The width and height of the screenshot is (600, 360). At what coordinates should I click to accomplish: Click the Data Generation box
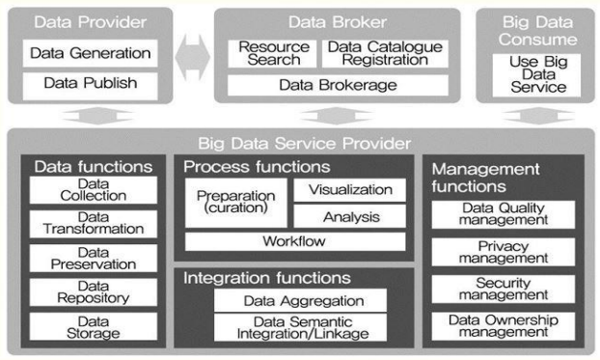[x=91, y=53]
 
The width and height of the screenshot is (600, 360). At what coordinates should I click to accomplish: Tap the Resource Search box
[x=272, y=54]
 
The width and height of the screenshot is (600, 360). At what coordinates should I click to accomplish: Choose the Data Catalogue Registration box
[x=385, y=54]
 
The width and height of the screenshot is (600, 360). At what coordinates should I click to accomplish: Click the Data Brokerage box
[x=338, y=85]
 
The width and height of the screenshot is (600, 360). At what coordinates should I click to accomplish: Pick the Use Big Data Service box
[x=536, y=75]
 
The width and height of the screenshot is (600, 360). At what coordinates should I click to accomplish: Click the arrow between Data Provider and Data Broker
[x=193, y=58]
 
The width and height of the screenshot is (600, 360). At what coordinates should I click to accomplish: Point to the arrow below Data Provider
[x=98, y=116]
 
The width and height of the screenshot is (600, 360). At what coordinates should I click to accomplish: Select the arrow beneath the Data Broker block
[x=337, y=116]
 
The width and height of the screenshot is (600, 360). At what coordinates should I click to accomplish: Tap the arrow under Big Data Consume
[x=539, y=116]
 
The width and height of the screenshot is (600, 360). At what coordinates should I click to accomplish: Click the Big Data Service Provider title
[x=305, y=144]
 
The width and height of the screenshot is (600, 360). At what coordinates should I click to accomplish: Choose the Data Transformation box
[x=94, y=224]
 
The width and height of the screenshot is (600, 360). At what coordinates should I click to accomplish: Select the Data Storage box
[x=94, y=326]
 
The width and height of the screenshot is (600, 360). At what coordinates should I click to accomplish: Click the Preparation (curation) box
[x=236, y=203]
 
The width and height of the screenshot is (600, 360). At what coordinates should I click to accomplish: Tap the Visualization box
[x=350, y=190]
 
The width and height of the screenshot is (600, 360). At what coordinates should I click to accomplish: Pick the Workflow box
[x=295, y=241]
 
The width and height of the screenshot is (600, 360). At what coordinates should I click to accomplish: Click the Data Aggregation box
[x=300, y=300]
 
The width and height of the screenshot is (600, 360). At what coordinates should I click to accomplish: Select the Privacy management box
[x=504, y=252]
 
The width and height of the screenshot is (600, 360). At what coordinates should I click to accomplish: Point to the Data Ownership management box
[x=504, y=326]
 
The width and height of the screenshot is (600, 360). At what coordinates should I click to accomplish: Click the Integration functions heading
[x=266, y=278]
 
